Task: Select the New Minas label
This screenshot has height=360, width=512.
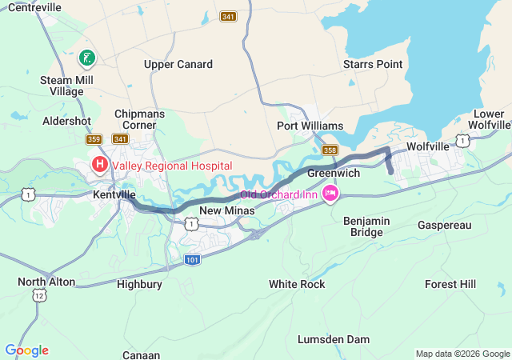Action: click(x=226, y=210)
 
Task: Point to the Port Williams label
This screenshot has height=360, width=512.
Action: click(x=310, y=126)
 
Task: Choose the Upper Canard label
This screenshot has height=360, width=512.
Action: click(x=178, y=64)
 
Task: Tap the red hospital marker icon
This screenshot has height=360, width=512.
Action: click(x=100, y=166)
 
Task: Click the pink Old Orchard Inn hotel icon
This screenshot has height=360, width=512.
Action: click(x=330, y=194)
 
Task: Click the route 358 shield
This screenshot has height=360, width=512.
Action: click(x=330, y=150)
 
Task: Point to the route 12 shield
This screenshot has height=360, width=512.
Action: click(x=38, y=296)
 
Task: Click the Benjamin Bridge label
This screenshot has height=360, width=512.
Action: click(x=367, y=226)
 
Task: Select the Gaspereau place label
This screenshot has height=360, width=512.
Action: click(x=445, y=226)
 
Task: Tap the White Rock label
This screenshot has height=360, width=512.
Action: click(x=297, y=284)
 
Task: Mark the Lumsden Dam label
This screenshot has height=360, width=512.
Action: click(x=334, y=339)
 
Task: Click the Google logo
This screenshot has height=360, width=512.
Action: click(x=27, y=350)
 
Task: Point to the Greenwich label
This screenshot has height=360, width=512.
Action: click(x=333, y=173)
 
